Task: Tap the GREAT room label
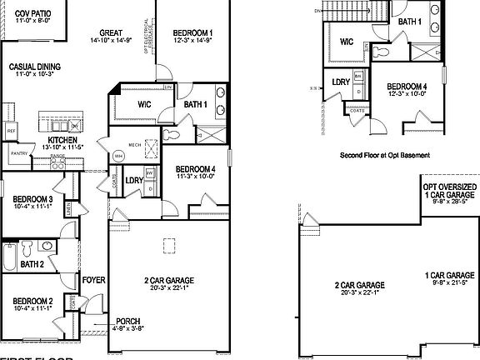point(111,34)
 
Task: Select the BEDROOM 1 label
point(192,32)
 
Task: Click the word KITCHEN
point(62,140)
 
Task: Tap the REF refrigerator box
point(12,132)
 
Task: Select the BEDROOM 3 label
point(33,200)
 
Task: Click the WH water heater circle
point(118,155)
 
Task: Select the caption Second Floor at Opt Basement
point(379,155)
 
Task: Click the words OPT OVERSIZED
point(449,187)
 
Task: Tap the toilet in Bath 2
point(27,248)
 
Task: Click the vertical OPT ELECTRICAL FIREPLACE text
point(147,38)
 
